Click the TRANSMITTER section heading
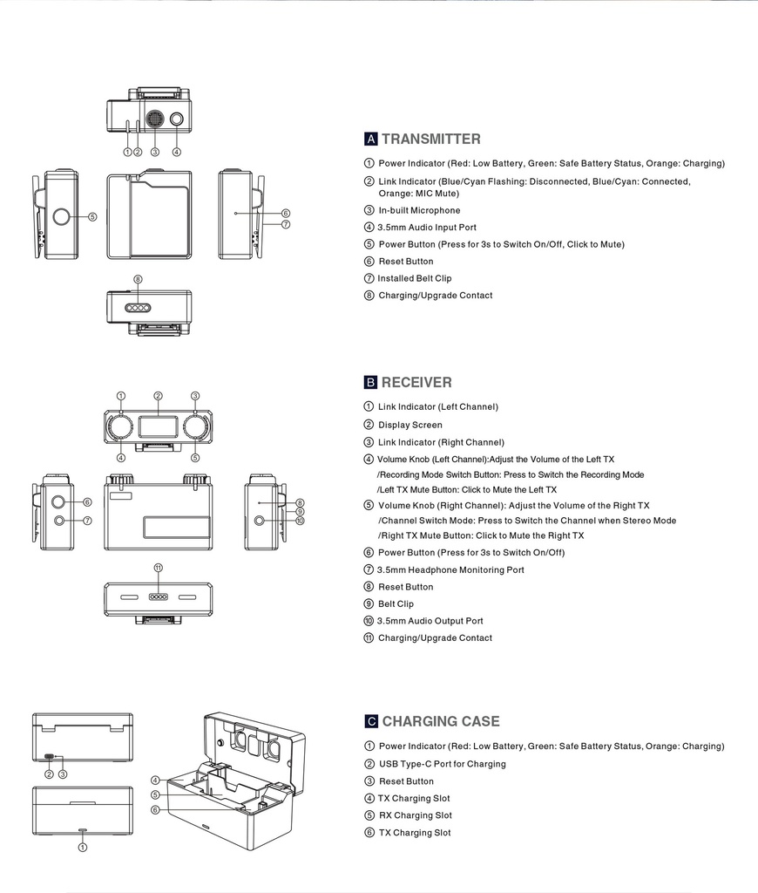(430, 139)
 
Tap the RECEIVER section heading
(416, 382)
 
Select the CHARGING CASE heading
(441, 721)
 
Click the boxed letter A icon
(371, 140)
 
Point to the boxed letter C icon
(371, 721)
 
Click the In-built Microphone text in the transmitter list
(419, 210)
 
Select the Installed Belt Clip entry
(414, 278)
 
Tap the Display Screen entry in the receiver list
(409, 425)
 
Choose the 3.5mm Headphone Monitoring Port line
(450, 569)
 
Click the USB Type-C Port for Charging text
(442, 764)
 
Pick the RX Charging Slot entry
(415, 815)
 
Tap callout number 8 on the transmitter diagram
(138, 279)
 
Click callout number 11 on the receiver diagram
(158, 568)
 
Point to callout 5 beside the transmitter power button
(92, 216)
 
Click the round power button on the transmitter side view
(63, 216)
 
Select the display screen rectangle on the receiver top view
(158, 426)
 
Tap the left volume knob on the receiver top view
(120, 426)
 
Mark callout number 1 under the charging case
(83, 846)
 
